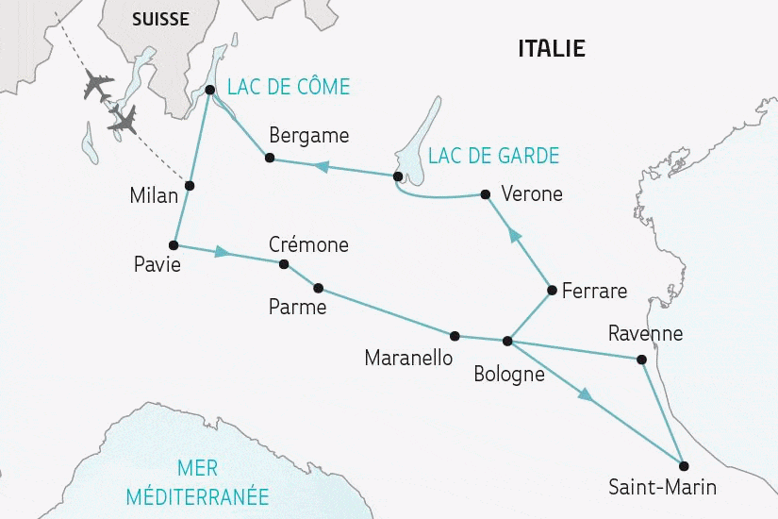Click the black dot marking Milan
(x=190, y=185)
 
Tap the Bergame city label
(x=308, y=135)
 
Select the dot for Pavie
(x=174, y=244)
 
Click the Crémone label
(x=308, y=244)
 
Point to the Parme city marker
(x=318, y=288)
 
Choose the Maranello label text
(x=408, y=359)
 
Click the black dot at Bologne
(x=507, y=341)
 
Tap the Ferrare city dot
(x=551, y=291)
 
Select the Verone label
(x=532, y=194)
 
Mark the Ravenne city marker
(x=642, y=359)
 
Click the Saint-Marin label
(x=663, y=488)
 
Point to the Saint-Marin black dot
(x=684, y=465)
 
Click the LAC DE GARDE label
(x=493, y=156)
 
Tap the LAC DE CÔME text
(x=288, y=88)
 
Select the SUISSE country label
(x=159, y=19)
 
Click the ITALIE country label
(x=552, y=48)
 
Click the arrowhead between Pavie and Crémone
(x=223, y=253)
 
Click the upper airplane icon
(x=97, y=84)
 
